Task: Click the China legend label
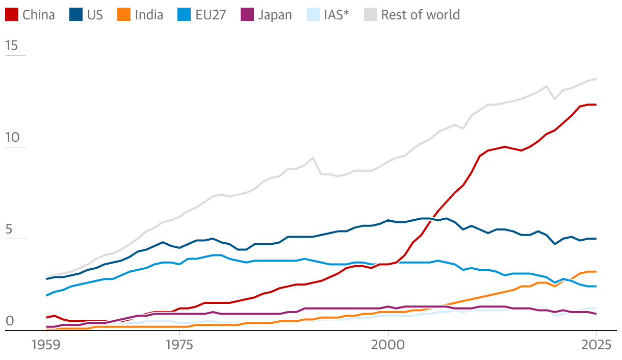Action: (x=38, y=15)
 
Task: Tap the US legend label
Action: (x=95, y=15)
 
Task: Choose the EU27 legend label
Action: (x=211, y=15)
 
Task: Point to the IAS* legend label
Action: (x=336, y=15)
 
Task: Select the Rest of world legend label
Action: (x=420, y=15)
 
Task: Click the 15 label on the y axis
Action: (x=11, y=46)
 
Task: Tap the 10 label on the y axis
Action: (x=11, y=138)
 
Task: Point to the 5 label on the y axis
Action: (x=9, y=230)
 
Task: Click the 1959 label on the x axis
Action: (x=46, y=345)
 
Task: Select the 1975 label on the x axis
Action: (x=179, y=345)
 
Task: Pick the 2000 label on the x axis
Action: (x=388, y=345)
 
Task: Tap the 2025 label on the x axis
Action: (x=596, y=345)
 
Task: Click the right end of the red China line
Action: (x=596, y=105)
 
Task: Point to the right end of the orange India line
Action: (x=596, y=272)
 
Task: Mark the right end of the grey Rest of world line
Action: (x=596, y=79)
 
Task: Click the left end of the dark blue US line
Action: (x=46, y=279)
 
